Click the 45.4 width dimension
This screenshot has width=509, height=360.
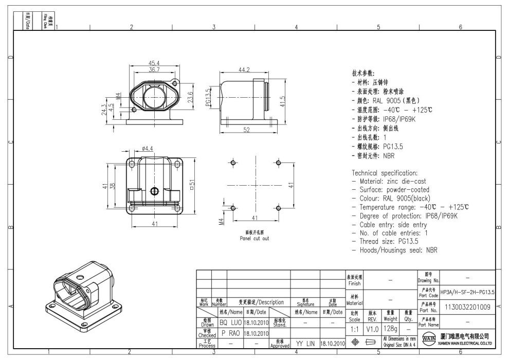pos(154,63)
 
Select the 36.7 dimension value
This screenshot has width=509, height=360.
pos(154,69)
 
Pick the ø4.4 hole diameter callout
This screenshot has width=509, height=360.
pos(148,149)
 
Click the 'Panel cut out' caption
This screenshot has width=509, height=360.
pos(254,239)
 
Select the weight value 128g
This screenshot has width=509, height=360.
pos(391,328)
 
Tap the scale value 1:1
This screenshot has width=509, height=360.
pos(354,328)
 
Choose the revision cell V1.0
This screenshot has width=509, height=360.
pos(372,328)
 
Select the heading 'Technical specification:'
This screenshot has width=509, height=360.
pos(388,172)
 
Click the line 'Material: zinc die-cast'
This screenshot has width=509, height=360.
pos(392,181)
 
